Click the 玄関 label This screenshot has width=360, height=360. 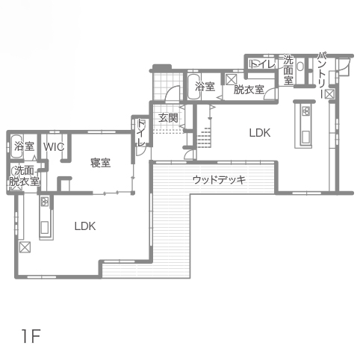168,118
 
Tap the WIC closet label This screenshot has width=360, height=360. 54,147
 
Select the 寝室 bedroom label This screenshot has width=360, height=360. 100,163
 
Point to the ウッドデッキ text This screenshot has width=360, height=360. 219,179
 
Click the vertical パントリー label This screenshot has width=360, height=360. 322,75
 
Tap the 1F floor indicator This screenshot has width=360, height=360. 31,336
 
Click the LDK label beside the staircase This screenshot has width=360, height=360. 260,133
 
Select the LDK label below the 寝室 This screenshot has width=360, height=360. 85,226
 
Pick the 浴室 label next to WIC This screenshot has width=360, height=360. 24,146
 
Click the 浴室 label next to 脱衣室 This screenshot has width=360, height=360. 205,87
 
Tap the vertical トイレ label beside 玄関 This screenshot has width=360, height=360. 141,133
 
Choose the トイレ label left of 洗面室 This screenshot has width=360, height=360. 263,64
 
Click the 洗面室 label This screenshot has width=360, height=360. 288,70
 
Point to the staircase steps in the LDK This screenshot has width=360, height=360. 205,137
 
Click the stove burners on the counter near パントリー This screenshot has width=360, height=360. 306,111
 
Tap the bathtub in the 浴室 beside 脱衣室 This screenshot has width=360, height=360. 193,87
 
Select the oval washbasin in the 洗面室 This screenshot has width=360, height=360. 300,66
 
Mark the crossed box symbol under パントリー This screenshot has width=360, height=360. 329,94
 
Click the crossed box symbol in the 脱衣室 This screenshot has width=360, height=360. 231,80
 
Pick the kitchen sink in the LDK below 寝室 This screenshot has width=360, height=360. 45,228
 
